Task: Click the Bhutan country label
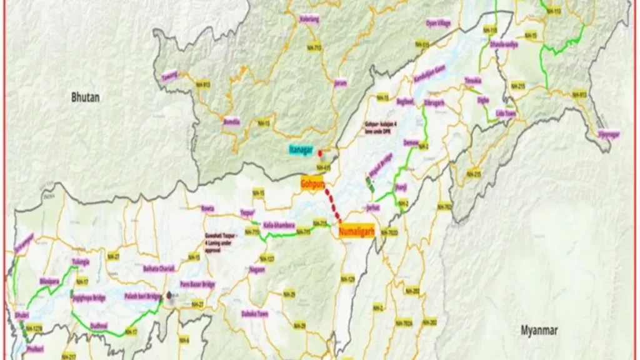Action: coord(86,97)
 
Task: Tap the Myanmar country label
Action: coord(539,331)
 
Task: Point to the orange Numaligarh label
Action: coord(355,231)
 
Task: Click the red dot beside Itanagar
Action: coord(320,152)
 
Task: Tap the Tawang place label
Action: coord(169,77)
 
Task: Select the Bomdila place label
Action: coord(232,122)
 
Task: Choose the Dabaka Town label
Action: coord(255,314)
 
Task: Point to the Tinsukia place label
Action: coord(473,81)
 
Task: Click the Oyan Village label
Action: coord(437,23)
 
